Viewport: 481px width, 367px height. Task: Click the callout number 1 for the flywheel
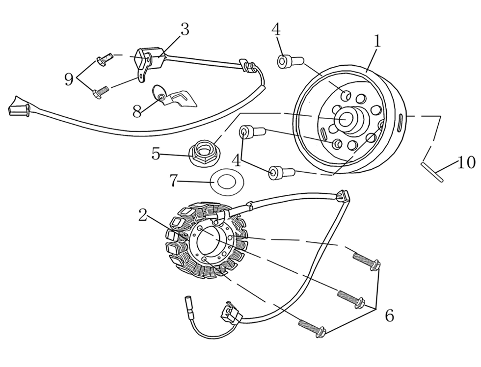376,41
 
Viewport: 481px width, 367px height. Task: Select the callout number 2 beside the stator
143,215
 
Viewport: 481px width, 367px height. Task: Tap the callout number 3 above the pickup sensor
185,30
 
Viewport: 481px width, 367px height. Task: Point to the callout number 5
156,154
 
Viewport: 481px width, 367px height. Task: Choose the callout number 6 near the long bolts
389,315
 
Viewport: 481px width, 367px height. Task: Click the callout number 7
173,181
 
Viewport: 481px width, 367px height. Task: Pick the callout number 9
69,79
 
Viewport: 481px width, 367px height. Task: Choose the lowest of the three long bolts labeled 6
313,328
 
